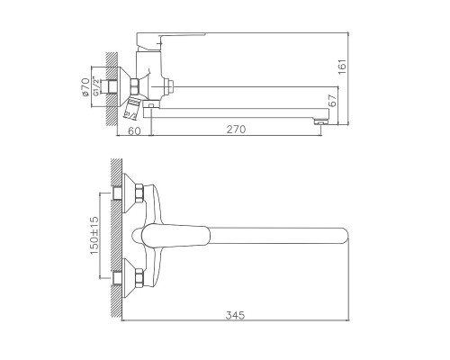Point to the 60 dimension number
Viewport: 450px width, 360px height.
(134, 130)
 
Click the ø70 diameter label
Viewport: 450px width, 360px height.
(84, 86)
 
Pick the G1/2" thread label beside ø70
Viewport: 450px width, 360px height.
(95, 86)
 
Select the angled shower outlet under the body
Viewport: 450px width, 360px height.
(130, 112)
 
